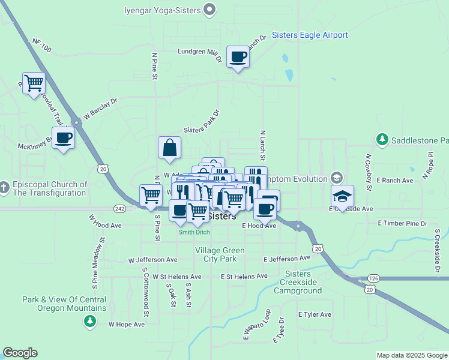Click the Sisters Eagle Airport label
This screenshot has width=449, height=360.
coord(310,35)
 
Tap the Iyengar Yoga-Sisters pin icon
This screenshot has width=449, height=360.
coord(209,9)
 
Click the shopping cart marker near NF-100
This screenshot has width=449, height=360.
coord(34,83)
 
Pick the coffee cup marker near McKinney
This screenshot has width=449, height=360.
coord(63,139)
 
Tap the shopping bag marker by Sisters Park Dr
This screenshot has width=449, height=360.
coord(170,148)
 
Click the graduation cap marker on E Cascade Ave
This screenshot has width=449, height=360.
coord(342,196)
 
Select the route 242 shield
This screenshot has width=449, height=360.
coord(118,208)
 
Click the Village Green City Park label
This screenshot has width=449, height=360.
coord(215,254)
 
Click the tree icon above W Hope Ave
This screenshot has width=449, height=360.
coord(90,322)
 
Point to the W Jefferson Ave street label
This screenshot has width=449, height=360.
coord(153,260)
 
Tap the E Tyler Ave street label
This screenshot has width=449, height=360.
coord(315,314)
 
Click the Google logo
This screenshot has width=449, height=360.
coord(20,353)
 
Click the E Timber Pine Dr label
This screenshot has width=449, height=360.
coord(402,223)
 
